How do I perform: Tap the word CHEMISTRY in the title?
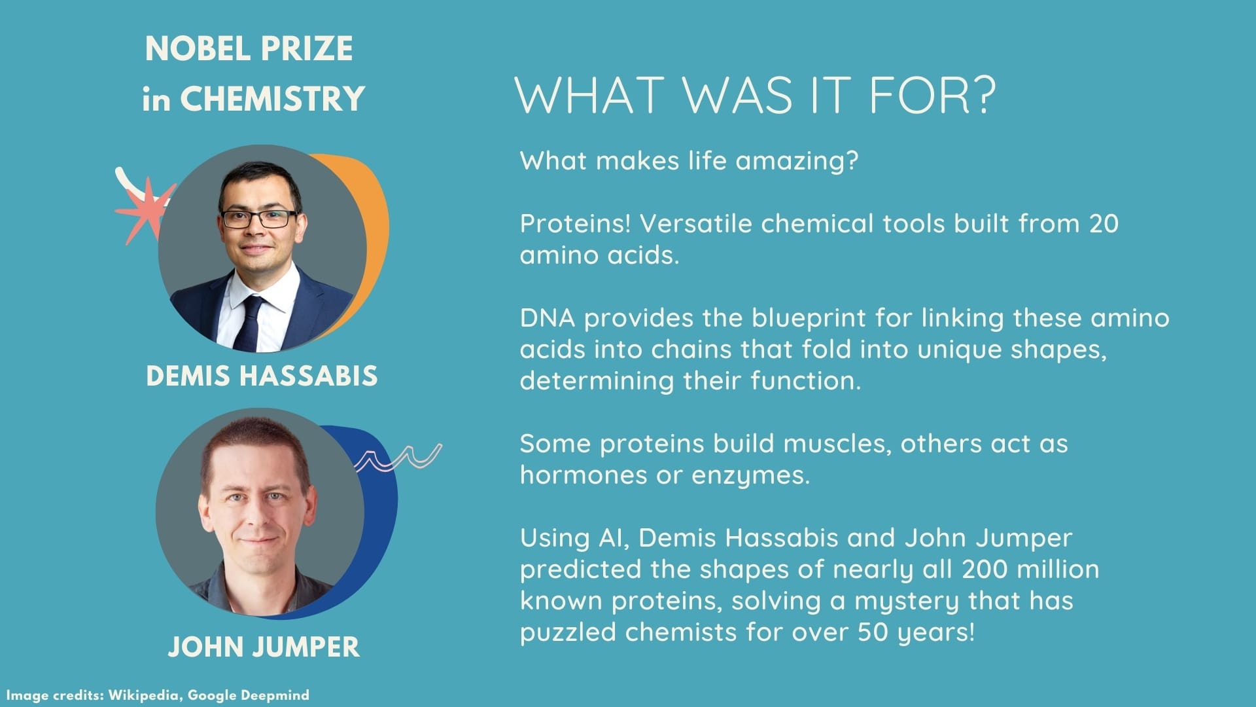[272, 99]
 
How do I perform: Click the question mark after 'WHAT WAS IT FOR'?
[979, 95]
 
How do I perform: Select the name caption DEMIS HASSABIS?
[262, 376]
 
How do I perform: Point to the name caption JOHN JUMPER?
[264, 647]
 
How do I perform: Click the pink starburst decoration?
[145, 209]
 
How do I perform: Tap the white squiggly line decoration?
[398, 457]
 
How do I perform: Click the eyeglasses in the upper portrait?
[259, 219]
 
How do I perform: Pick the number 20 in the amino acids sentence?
[1104, 224]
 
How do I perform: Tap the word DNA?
[548, 318]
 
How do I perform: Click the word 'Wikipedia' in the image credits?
[143, 695]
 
